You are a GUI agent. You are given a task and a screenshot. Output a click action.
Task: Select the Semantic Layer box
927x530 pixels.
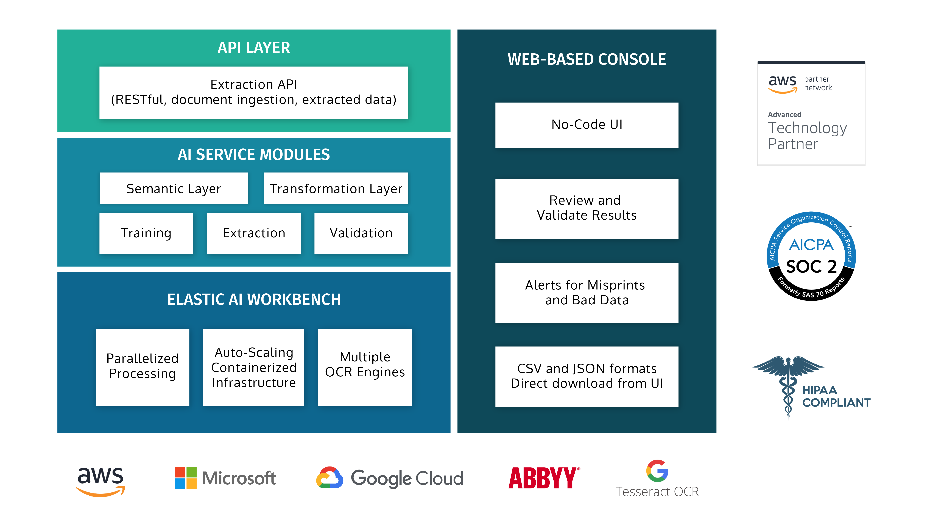[x=174, y=188]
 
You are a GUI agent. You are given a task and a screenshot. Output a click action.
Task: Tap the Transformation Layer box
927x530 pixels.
[x=336, y=188]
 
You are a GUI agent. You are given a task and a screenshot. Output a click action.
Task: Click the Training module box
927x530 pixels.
[x=146, y=233]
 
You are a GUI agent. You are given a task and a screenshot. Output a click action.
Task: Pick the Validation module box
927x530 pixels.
[x=361, y=233]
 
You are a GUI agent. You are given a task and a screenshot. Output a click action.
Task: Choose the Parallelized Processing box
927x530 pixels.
[x=142, y=367]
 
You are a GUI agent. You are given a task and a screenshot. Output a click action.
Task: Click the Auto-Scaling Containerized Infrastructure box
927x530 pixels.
[x=253, y=367]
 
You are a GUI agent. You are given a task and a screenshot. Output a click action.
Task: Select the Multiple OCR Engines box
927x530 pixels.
[x=364, y=367]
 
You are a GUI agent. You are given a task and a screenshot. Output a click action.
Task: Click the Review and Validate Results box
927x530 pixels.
[x=586, y=208]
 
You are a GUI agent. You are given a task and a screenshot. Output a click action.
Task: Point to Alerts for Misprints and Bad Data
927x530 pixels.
[x=586, y=292]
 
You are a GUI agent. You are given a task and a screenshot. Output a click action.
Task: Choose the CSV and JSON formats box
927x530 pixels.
[x=586, y=376]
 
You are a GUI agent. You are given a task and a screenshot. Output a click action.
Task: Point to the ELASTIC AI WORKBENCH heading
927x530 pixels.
[x=253, y=299]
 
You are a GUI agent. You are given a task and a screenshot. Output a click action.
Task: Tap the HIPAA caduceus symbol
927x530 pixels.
[x=788, y=386]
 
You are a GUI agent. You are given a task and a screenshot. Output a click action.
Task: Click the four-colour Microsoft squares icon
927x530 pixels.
[x=185, y=477]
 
